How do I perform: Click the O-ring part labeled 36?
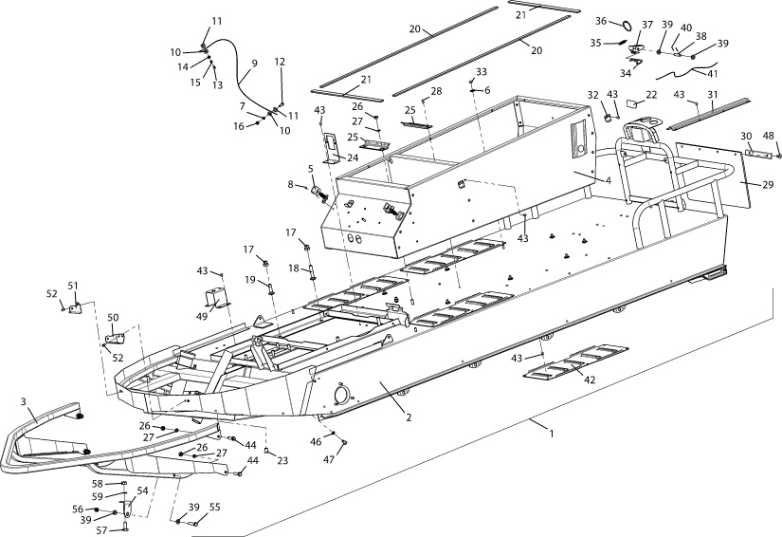tap(627, 21)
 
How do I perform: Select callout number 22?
tap(650, 95)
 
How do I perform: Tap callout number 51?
tap(73, 285)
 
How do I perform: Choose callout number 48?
tap(769, 135)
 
